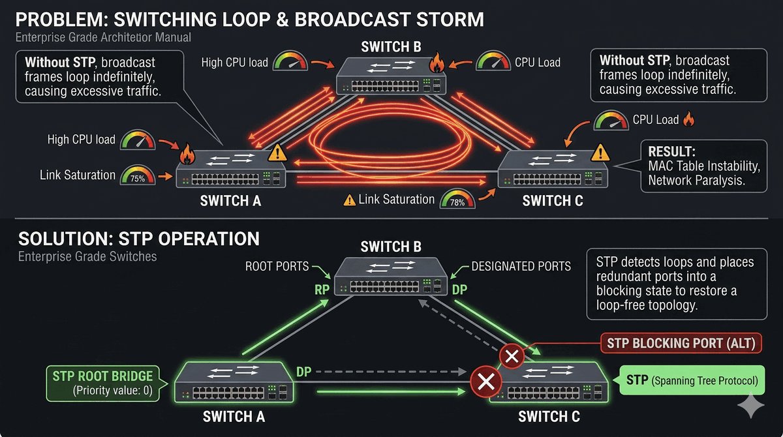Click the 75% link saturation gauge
tap(138, 176)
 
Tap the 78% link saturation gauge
tap(457, 200)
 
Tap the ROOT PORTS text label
tap(276, 266)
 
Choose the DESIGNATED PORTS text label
tap(521, 266)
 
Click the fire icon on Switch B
tap(436, 63)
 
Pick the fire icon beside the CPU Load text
tap(689, 119)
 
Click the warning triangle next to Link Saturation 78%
tap(349, 200)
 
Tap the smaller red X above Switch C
tap(512, 356)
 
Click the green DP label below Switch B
tap(459, 290)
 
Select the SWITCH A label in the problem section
tap(230, 201)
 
